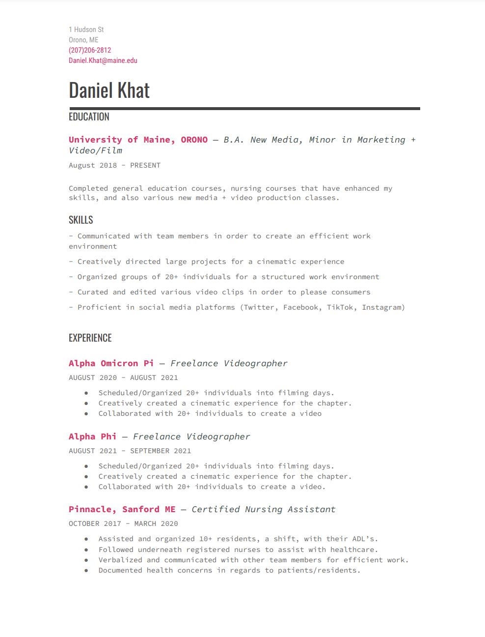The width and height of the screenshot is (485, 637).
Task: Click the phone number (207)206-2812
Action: (90, 50)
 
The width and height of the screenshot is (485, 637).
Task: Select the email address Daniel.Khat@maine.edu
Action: (103, 60)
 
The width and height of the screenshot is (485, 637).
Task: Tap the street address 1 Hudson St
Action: (86, 29)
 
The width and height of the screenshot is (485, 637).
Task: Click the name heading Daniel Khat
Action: (109, 90)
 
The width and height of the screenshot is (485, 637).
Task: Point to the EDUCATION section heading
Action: (89, 117)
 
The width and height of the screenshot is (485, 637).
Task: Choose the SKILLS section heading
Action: (81, 220)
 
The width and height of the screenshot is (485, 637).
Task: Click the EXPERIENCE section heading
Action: (90, 338)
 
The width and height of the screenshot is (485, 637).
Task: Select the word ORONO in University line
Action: (194, 140)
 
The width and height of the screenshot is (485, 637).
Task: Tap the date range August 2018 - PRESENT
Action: (114, 165)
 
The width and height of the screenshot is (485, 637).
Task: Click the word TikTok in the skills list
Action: (340, 307)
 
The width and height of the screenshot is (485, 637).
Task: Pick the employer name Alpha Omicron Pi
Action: (111, 363)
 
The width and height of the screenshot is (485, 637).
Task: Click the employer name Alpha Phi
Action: (92, 436)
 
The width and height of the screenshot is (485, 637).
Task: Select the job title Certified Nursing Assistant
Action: (264, 509)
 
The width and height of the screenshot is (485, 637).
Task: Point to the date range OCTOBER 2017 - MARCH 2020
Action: (123, 523)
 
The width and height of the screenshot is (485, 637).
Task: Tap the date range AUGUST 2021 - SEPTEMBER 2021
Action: (130, 451)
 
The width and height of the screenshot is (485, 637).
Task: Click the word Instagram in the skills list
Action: (382, 307)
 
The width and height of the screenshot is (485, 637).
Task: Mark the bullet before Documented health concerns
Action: (86, 571)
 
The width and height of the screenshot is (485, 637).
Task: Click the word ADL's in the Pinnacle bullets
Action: (364, 539)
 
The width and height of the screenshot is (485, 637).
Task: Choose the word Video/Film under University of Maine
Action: (96, 150)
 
